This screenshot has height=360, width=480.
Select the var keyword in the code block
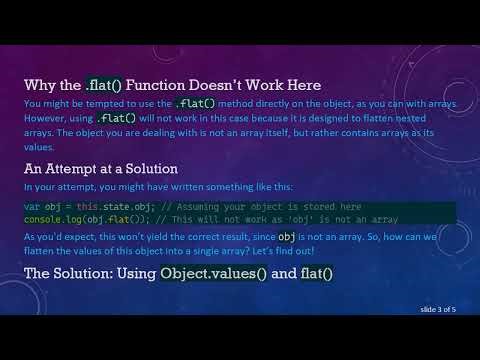(32, 205)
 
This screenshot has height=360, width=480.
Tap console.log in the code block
(48, 218)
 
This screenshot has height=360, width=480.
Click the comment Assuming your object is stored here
(206, 205)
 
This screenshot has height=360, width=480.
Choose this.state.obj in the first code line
(96, 205)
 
